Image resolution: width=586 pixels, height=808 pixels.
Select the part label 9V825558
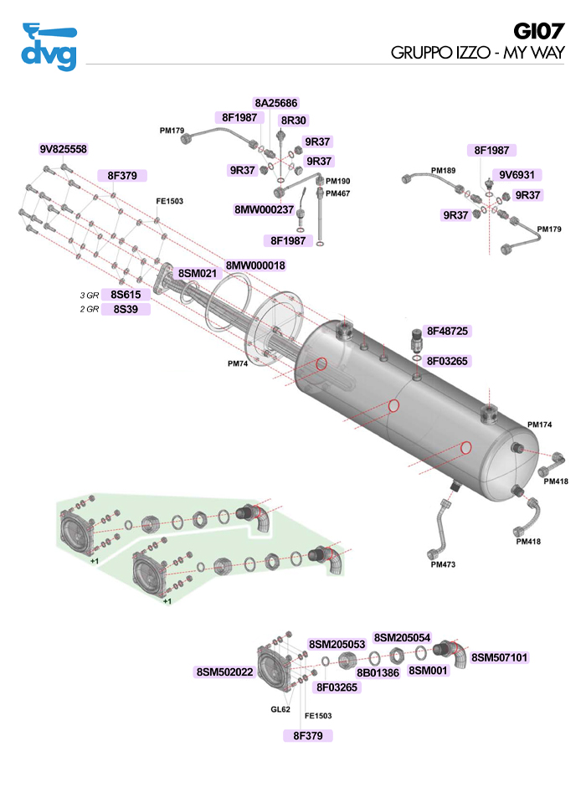63,149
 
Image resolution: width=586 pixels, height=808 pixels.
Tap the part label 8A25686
275,103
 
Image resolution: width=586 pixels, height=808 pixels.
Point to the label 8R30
294,121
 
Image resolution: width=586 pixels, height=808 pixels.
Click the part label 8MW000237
264,209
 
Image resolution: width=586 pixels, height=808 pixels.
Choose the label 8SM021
198,273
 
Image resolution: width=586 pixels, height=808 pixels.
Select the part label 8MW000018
255,265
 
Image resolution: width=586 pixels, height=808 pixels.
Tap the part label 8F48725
450,331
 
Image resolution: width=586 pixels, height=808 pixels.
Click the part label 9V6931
517,175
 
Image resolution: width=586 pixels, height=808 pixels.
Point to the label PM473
443,564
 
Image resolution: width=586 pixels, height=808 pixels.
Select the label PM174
539,425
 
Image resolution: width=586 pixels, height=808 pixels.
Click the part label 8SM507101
500,657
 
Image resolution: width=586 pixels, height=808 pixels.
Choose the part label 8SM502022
224,672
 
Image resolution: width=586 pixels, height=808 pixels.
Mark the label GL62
280,709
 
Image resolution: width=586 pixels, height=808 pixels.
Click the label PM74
239,364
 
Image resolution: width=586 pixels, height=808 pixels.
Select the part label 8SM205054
402,638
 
